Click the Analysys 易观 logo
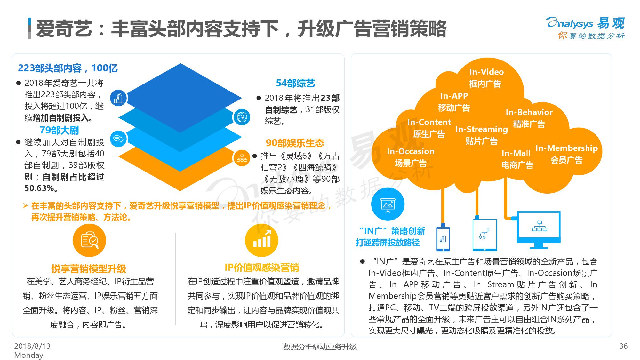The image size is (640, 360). click(x=586, y=28)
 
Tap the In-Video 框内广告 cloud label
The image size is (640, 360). click(x=486, y=78)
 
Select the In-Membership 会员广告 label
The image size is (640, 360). click(x=566, y=154)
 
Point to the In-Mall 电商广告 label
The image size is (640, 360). click(x=517, y=159)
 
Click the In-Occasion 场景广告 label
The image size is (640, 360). click(x=411, y=157)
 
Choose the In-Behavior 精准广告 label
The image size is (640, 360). click(x=529, y=118)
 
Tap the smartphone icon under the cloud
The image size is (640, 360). click(x=443, y=238)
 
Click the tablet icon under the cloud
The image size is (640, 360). click(x=485, y=235)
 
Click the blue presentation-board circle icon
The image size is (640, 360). click(x=388, y=204)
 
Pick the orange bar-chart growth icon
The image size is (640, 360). click(x=261, y=240)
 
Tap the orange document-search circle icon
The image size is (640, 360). click(x=89, y=240)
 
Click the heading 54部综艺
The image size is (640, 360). click(x=295, y=83)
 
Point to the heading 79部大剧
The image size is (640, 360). click(x=59, y=130)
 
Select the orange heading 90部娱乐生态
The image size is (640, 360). click(x=295, y=143)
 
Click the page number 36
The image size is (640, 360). click(x=623, y=346)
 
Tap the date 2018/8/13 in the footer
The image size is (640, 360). click(x=32, y=346)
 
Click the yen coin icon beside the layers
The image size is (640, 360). click(x=242, y=117)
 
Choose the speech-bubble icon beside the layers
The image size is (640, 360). click(x=118, y=139)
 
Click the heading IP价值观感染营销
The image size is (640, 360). click(x=261, y=268)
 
